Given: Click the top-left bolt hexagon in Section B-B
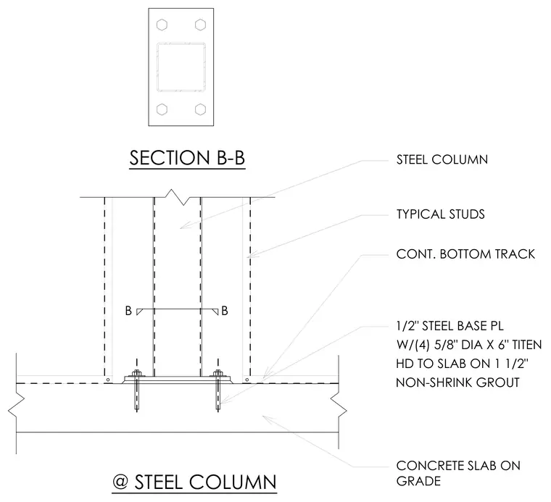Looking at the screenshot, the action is click(x=162, y=25).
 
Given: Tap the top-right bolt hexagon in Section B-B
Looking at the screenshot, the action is click(x=200, y=25).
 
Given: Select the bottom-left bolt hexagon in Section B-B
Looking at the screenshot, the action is click(x=162, y=109).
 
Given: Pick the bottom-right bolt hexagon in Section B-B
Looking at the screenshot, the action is click(x=200, y=109).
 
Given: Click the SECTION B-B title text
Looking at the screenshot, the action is click(x=187, y=158).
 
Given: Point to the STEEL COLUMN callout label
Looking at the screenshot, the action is click(x=442, y=159).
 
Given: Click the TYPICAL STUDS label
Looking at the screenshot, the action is click(x=441, y=214).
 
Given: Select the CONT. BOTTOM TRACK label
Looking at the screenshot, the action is click(x=465, y=254).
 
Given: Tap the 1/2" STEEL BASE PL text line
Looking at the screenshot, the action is click(x=449, y=326).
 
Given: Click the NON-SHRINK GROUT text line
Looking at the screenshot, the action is click(x=458, y=382).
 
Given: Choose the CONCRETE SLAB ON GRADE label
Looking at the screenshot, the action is click(x=458, y=473).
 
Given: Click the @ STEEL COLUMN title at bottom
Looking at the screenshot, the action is click(x=195, y=482).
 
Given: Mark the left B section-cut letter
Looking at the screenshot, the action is click(x=128, y=311).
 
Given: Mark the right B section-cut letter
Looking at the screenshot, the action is click(x=225, y=311).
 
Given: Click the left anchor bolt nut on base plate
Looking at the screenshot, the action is click(x=137, y=373).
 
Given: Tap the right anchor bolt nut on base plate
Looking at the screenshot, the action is click(x=218, y=373).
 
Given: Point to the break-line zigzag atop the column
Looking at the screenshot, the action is click(x=177, y=197).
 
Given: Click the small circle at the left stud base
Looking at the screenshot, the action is click(x=108, y=380).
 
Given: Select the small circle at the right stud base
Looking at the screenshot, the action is click(x=247, y=380).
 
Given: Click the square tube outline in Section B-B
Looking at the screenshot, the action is click(x=157, y=67).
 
